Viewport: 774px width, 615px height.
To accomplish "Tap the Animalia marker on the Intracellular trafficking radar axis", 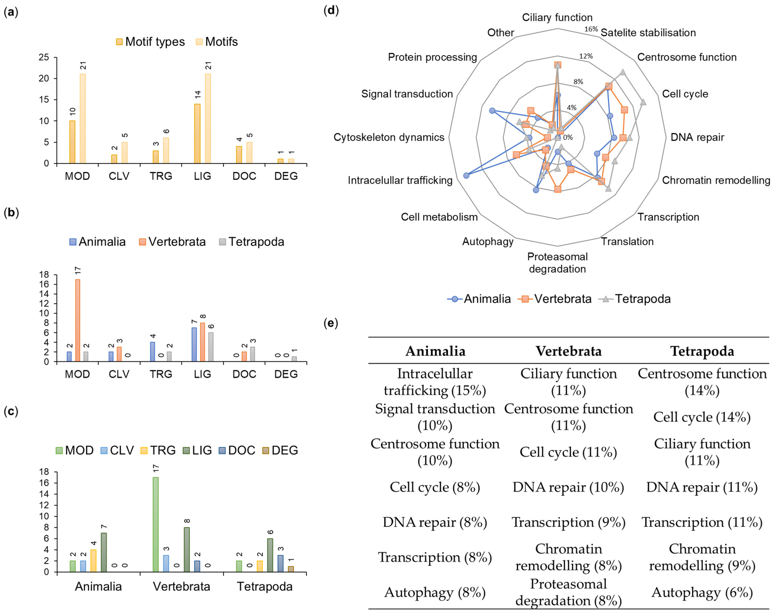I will pos(466,176).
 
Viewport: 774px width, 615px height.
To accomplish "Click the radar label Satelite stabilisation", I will pos(648,33).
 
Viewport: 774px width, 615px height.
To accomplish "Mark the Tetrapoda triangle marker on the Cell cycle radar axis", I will pos(643,102).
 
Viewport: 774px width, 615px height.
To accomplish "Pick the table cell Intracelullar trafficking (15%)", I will pos(435,382).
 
